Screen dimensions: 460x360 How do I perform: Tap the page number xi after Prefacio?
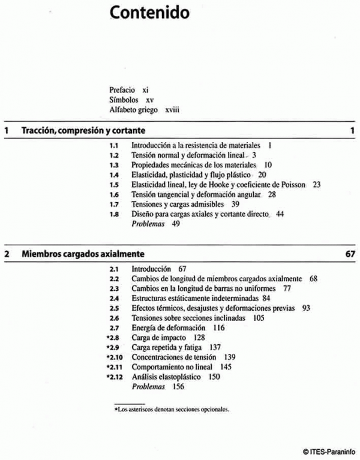146,89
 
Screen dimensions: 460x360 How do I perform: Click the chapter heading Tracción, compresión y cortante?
83,130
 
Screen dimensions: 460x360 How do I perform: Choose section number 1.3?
113,164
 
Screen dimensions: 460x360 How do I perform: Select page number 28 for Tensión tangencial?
272,194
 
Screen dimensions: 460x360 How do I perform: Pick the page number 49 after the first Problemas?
176,224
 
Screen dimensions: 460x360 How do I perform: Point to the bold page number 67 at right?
351,254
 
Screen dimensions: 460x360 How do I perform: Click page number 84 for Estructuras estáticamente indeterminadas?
266,298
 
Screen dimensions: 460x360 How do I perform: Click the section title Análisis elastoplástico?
167,377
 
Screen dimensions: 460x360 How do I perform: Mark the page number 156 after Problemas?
178,386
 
